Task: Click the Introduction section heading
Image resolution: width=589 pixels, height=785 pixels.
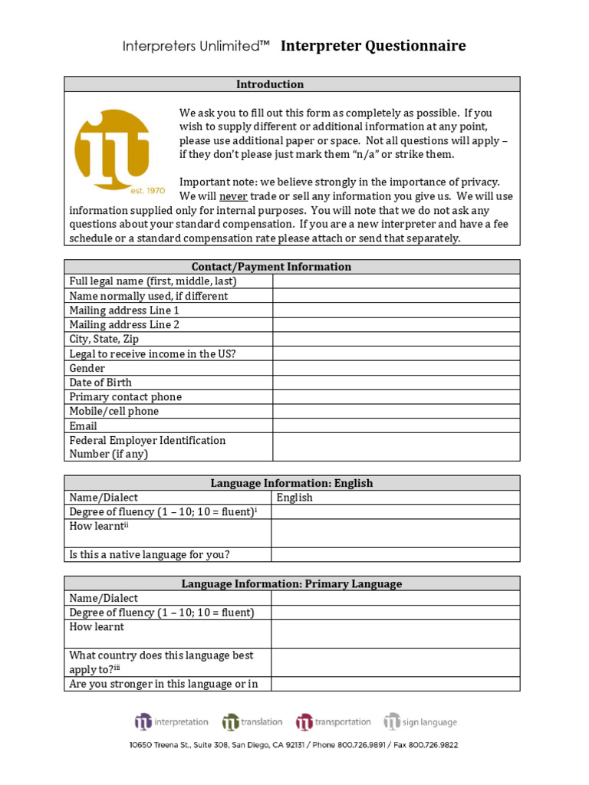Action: [x=269, y=84]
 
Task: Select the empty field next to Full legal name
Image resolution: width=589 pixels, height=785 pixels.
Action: [x=395, y=281]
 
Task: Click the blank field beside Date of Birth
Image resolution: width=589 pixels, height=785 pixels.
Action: [x=395, y=383]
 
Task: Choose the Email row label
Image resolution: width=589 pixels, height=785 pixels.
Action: [x=84, y=426]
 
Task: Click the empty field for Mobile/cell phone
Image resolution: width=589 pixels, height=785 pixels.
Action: [x=395, y=412]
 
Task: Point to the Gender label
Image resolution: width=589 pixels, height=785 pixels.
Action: [x=87, y=368]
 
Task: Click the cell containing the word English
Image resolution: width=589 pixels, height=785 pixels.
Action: [x=295, y=498]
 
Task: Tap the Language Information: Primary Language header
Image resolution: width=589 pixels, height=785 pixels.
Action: [x=291, y=584]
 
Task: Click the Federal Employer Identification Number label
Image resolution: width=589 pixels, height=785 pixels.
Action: [x=147, y=447]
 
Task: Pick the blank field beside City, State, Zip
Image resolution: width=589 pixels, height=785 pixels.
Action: [x=395, y=339]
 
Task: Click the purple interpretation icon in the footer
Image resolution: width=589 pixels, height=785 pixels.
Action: [x=143, y=721]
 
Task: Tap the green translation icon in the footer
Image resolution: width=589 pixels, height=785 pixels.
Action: [x=230, y=721]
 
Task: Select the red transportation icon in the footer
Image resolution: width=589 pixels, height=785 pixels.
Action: [x=304, y=721]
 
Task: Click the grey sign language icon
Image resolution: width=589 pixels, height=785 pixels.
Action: [x=392, y=721]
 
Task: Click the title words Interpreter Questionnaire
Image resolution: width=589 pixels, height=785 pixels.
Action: [x=373, y=47]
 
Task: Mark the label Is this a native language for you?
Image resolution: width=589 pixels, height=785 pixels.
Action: [x=150, y=555]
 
